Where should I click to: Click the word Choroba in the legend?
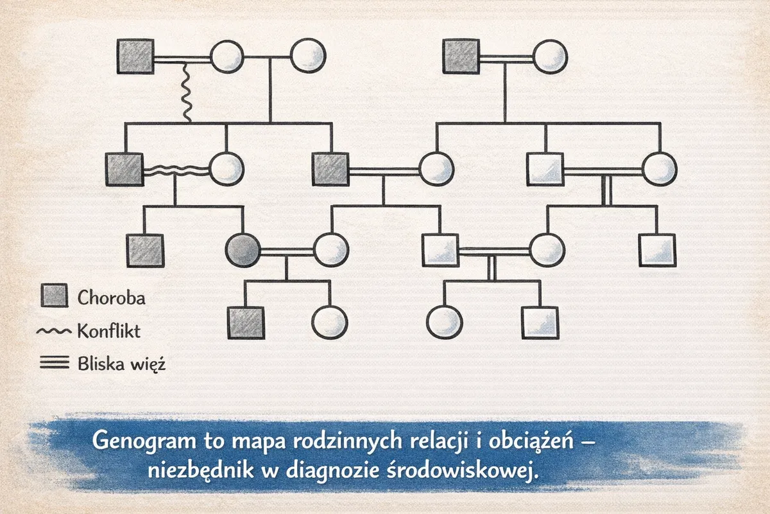click(111, 297)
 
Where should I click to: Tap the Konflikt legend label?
click(109, 331)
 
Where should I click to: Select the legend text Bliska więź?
click(122, 364)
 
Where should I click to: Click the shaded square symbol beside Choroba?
click(55, 296)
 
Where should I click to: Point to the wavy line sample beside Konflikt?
click(54, 331)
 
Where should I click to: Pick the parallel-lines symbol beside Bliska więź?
click(55, 363)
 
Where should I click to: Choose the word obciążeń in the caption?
click(531, 441)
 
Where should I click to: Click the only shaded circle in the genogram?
click(243, 251)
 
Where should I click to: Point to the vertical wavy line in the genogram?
click(186, 93)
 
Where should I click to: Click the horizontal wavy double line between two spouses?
click(176, 170)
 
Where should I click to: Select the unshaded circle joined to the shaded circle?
click(331, 251)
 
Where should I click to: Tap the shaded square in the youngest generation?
click(246, 323)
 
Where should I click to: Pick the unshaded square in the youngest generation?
click(540, 323)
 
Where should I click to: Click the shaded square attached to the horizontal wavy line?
click(124, 170)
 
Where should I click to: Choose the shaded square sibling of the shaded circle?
click(145, 251)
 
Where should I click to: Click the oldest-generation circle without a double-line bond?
click(308, 56)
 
